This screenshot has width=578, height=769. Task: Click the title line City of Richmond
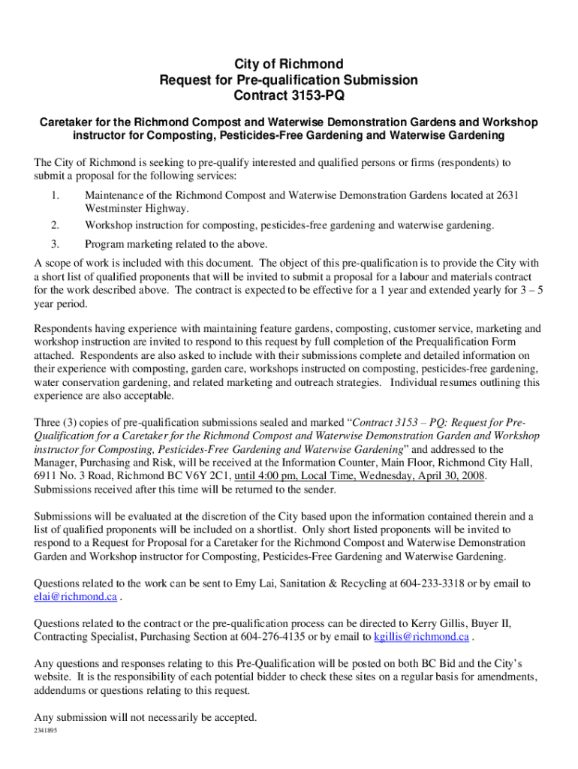[289, 64]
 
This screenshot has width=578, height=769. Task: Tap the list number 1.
[56, 195]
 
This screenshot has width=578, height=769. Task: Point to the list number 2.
[56, 225]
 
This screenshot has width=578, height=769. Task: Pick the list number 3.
[56, 244]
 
